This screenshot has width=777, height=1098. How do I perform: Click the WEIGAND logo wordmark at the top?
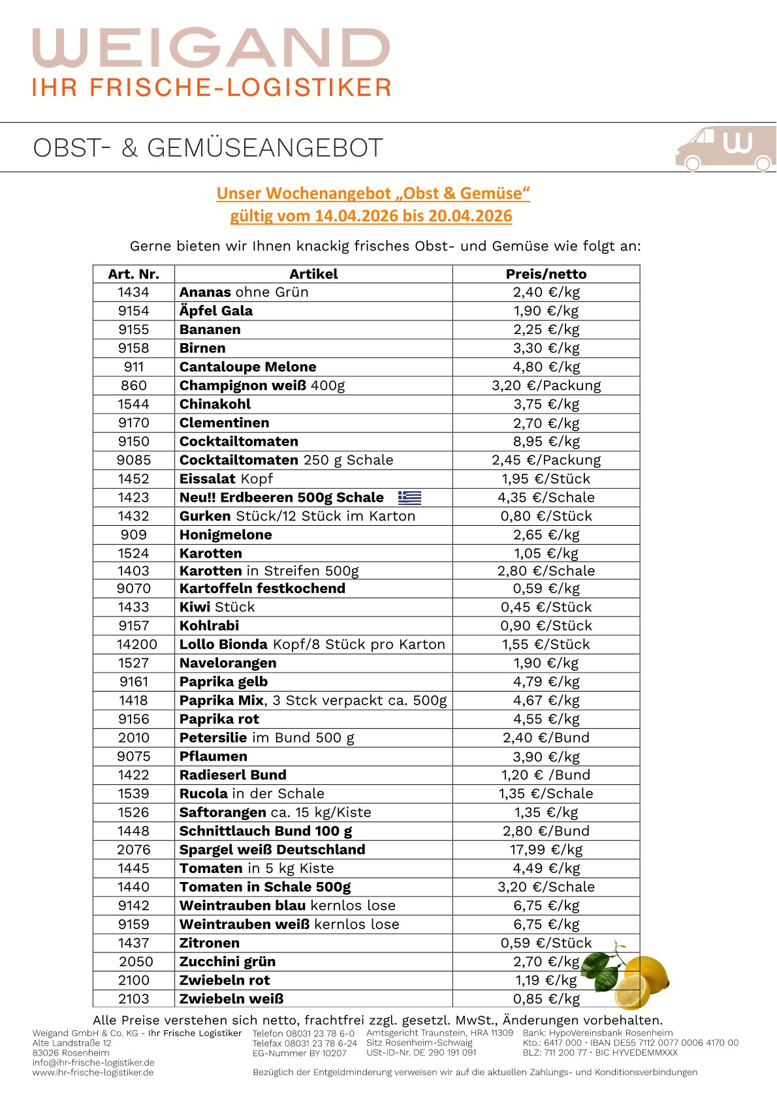pos(211,47)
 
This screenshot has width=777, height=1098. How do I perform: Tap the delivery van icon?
pos(725,148)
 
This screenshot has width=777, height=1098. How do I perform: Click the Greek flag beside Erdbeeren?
pos(409,498)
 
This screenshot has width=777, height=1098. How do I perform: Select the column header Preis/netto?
pos(546,274)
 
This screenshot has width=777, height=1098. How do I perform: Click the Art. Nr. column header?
pos(134,274)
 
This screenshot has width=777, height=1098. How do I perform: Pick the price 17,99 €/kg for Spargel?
pos(546,849)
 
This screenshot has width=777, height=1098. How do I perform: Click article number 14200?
pos(136,645)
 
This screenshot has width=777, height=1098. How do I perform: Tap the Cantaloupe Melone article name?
pos(247,367)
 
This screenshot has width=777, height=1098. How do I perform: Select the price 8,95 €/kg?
pos(546,442)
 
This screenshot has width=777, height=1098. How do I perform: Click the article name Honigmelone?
pos(225,535)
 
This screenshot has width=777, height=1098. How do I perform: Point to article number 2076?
pos(134,849)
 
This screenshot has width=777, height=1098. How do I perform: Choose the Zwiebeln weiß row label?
pos(231,999)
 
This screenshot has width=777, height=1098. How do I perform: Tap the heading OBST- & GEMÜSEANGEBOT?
pos(208,148)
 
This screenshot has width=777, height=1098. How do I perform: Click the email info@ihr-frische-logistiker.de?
pos(93,1062)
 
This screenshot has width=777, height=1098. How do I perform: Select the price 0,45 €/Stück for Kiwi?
pos(546,607)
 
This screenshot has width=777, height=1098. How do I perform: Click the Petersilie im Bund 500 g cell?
pos(266,738)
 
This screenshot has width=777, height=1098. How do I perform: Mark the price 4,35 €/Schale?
pos(546,498)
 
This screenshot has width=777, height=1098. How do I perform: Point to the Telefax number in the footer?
pos(305,1043)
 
